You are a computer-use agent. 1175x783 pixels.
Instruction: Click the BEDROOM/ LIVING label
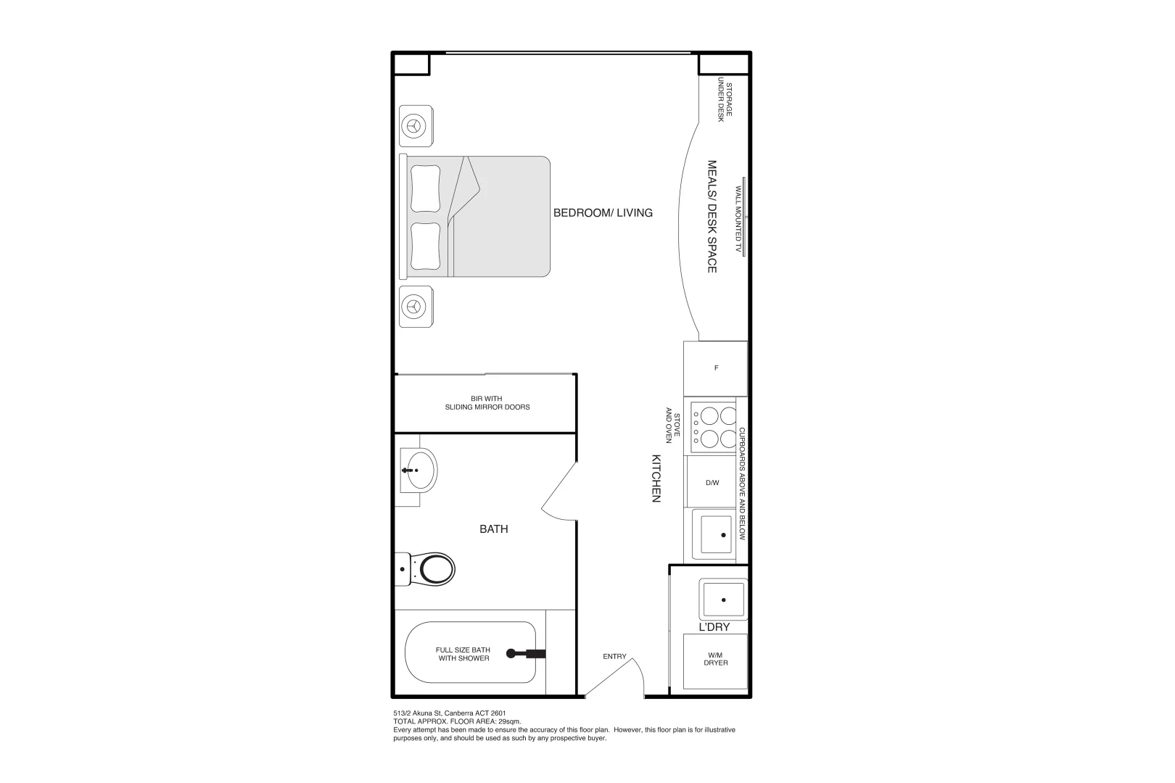pyautogui.click(x=603, y=212)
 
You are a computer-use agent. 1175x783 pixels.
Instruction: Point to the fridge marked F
pyautogui.click(x=716, y=368)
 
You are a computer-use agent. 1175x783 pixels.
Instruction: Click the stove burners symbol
pyautogui.click(x=714, y=427)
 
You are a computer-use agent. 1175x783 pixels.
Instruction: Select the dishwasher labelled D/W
pyautogui.click(x=712, y=482)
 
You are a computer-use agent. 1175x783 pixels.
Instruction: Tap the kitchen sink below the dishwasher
pyautogui.click(x=714, y=535)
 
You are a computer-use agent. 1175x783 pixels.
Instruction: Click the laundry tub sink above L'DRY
pyautogui.click(x=722, y=600)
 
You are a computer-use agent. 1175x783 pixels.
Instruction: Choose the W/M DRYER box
pyautogui.click(x=715, y=660)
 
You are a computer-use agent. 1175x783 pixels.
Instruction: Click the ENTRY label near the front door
pyautogui.click(x=614, y=657)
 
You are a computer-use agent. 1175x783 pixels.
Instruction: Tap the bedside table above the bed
pyautogui.click(x=416, y=126)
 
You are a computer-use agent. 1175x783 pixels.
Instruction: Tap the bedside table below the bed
pyautogui.click(x=416, y=306)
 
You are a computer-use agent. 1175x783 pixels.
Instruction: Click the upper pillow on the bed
pyautogui.click(x=424, y=188)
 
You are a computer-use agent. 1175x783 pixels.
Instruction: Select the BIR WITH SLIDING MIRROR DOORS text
pyautogui.click(x=487, y=403)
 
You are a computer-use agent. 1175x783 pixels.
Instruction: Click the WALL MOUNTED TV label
pyautogui.click(x=738, y=218)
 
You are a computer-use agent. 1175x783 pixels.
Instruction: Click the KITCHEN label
pyautogui.click(x=656, y=478)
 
